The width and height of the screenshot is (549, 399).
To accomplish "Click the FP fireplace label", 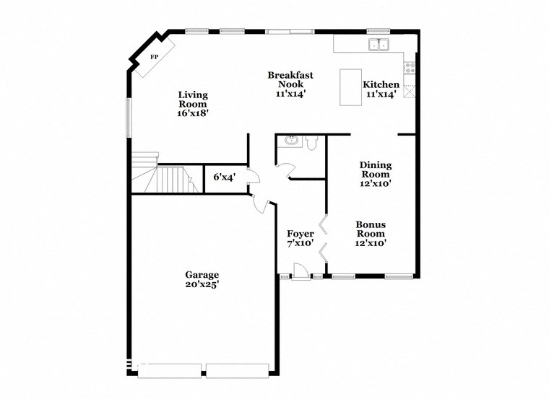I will tap(154, 56).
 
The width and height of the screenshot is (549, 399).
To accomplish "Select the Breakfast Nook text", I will tap(290, 79).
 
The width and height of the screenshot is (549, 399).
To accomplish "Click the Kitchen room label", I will tap(380, 84).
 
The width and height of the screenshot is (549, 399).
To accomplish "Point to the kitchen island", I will tap(350, 87).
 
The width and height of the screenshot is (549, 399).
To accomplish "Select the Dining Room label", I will tap(376, 170).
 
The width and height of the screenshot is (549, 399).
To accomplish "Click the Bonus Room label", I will tap(371, 229).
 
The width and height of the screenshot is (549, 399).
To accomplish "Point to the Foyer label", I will tap(301, 234).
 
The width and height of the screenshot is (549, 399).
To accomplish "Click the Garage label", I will tap(202, 275).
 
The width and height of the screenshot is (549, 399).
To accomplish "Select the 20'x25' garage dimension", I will tap(202, 285).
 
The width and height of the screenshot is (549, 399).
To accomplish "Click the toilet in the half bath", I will tap(311, 143).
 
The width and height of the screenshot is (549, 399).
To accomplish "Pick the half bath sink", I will tap(291, 139).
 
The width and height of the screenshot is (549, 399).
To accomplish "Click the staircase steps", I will tap(173, 179).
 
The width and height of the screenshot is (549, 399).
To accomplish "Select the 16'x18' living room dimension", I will tap(193, 113).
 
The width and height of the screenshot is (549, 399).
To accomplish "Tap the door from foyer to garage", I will tap(262, 203).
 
